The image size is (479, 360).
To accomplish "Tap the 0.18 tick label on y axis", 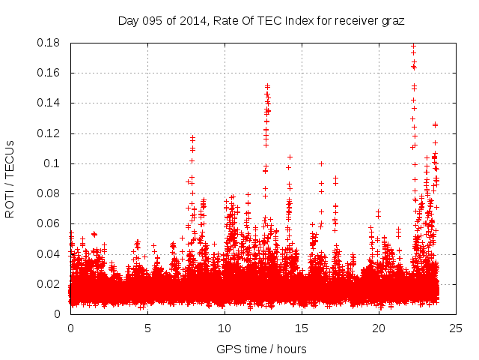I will tap(49, 43).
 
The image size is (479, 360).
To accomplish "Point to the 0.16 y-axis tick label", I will tap(49, 73).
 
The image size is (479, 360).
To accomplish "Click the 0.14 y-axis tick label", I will tap(49, 103).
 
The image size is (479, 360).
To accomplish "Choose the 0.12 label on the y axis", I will tap(49, 133).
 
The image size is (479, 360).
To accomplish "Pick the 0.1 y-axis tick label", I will tap(54, 163).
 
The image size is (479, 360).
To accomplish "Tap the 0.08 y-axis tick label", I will tap(49, 193).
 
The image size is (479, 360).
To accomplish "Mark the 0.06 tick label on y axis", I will tap(49, 223).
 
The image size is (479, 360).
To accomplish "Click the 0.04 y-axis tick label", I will tap(49, 253).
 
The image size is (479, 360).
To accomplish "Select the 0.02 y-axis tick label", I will tap(49, 284).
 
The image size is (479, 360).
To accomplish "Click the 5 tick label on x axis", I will tap(147, 328).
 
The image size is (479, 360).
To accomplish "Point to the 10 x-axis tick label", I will tap(225, 328).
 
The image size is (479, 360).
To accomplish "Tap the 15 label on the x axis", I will tap(302, 328).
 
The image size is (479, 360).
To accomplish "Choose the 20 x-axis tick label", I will tap(379, 328).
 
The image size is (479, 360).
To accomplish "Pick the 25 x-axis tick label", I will tap(456, 328).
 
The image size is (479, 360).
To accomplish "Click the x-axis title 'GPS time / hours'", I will tap(262, 349).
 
